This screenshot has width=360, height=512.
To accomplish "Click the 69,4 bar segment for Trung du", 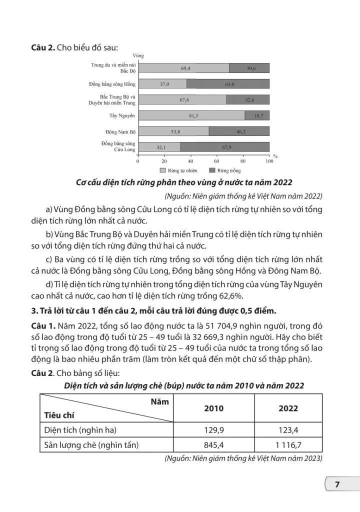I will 183,68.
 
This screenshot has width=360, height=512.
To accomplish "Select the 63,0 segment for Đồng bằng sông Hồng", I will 228,84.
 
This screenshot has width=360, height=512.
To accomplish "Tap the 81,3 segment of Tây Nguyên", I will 191,115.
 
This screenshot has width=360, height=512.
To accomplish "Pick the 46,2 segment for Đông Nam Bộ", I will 239,131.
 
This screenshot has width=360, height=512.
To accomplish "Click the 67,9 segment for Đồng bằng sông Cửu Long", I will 225,147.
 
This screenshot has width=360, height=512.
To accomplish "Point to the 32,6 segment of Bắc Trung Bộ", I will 248,100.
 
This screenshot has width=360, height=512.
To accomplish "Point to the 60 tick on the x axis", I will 216,161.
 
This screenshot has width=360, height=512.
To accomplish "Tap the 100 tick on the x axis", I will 269,161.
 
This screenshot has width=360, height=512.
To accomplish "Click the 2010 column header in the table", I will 214,408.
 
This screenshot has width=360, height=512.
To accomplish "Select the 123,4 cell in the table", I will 288,429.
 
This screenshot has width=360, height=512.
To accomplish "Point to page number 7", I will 337,484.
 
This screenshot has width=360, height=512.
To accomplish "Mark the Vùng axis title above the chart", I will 138,55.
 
